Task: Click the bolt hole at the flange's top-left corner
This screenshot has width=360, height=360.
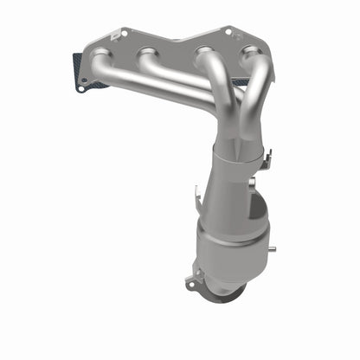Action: click(122, 33)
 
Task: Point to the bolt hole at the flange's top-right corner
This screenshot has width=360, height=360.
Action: click(228, 31)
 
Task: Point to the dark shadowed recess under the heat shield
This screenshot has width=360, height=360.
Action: click(260, 212)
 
